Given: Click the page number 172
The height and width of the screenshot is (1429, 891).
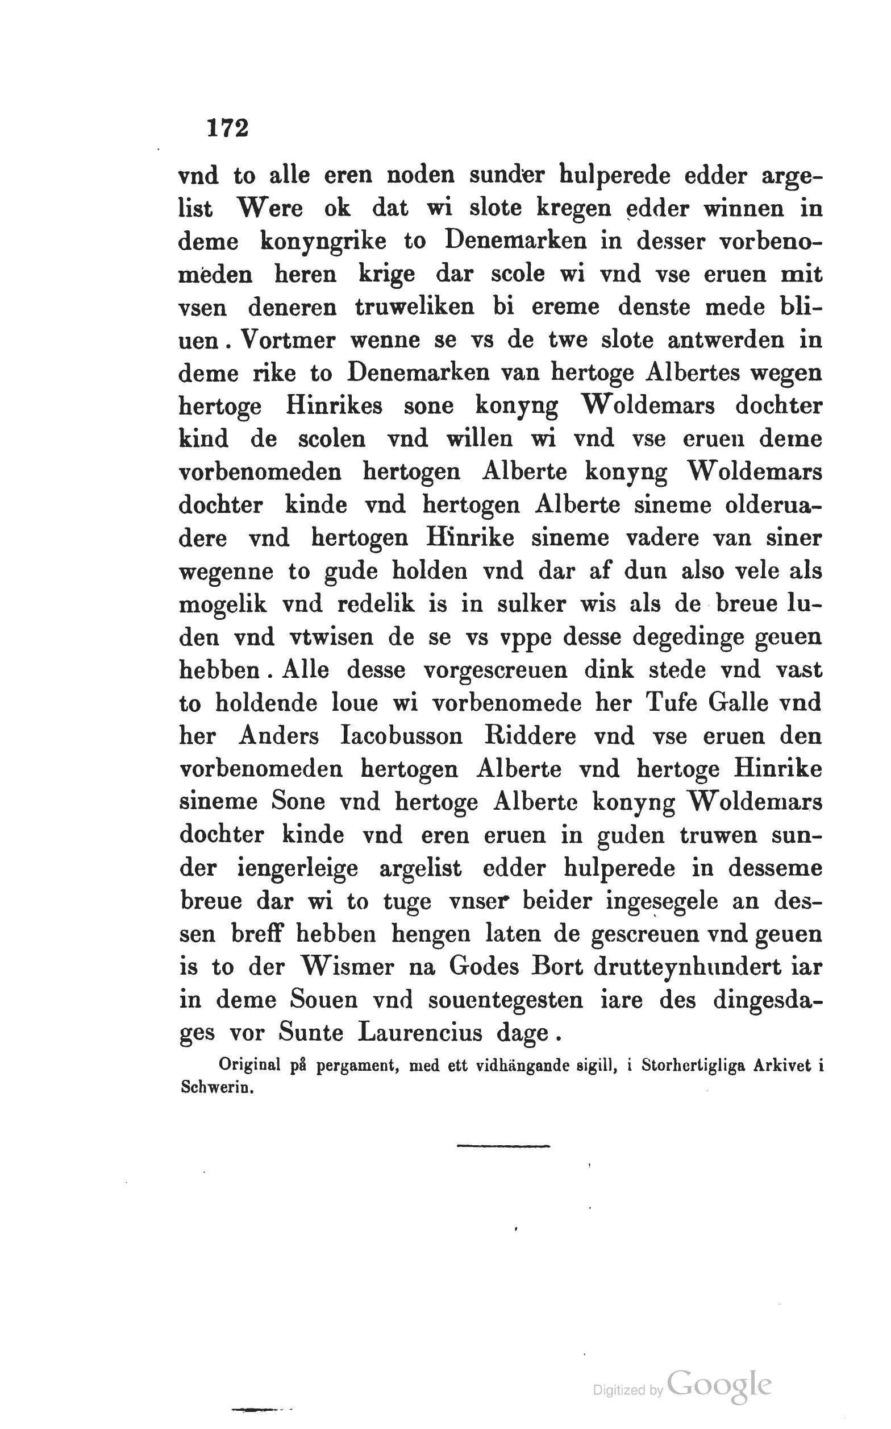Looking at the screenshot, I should click(228, 128).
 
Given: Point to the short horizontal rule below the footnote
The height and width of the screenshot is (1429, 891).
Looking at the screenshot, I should click(503, 1146).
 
